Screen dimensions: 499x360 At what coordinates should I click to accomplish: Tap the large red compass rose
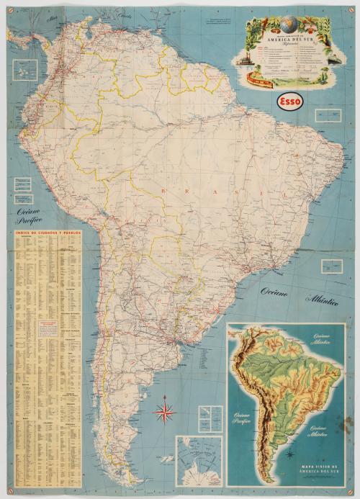coord(165,413)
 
